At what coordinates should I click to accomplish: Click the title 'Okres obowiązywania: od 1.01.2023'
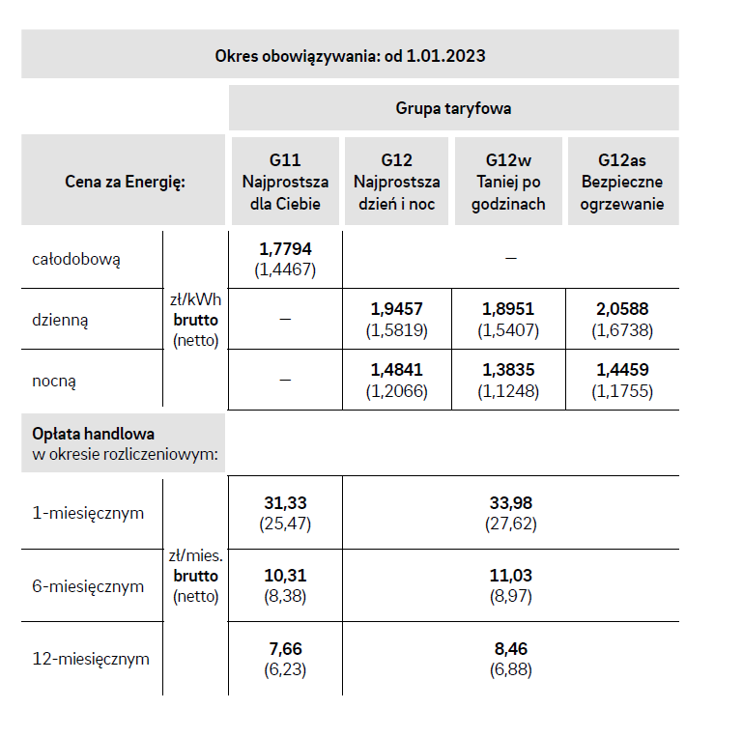(350, 55)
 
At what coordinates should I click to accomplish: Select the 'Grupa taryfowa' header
(453, 108)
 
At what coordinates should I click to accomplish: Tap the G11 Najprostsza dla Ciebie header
(285, 182)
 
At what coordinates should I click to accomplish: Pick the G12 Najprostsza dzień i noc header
(397, 182)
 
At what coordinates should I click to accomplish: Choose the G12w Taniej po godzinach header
(508, 182)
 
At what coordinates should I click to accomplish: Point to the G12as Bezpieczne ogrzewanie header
(622, 182)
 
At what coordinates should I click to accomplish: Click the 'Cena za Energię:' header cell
(125, 182)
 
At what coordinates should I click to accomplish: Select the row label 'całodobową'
(76, 259)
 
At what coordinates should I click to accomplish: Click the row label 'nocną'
(54, 381)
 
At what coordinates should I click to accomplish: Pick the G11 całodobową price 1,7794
(285, 250)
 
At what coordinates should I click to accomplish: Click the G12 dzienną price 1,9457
(397, 309)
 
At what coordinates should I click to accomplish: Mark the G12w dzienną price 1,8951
(508, 309)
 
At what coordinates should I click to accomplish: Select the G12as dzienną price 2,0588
(622, 309)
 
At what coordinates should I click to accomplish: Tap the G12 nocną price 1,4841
(397, 371)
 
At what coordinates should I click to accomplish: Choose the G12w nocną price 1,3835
(508, 371)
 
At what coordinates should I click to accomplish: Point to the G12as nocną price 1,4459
(622, 371)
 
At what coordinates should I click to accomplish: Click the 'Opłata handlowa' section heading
(93, 434)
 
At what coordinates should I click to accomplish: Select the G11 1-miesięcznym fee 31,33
(285, 503)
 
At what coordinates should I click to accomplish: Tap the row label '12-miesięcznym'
(91, 659)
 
